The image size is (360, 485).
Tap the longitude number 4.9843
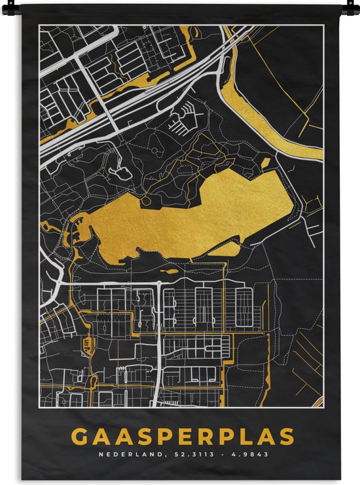pyautogui.click(x=247, y=454)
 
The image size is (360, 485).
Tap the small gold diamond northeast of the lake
pyautogui.click(x=266, y=162)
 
